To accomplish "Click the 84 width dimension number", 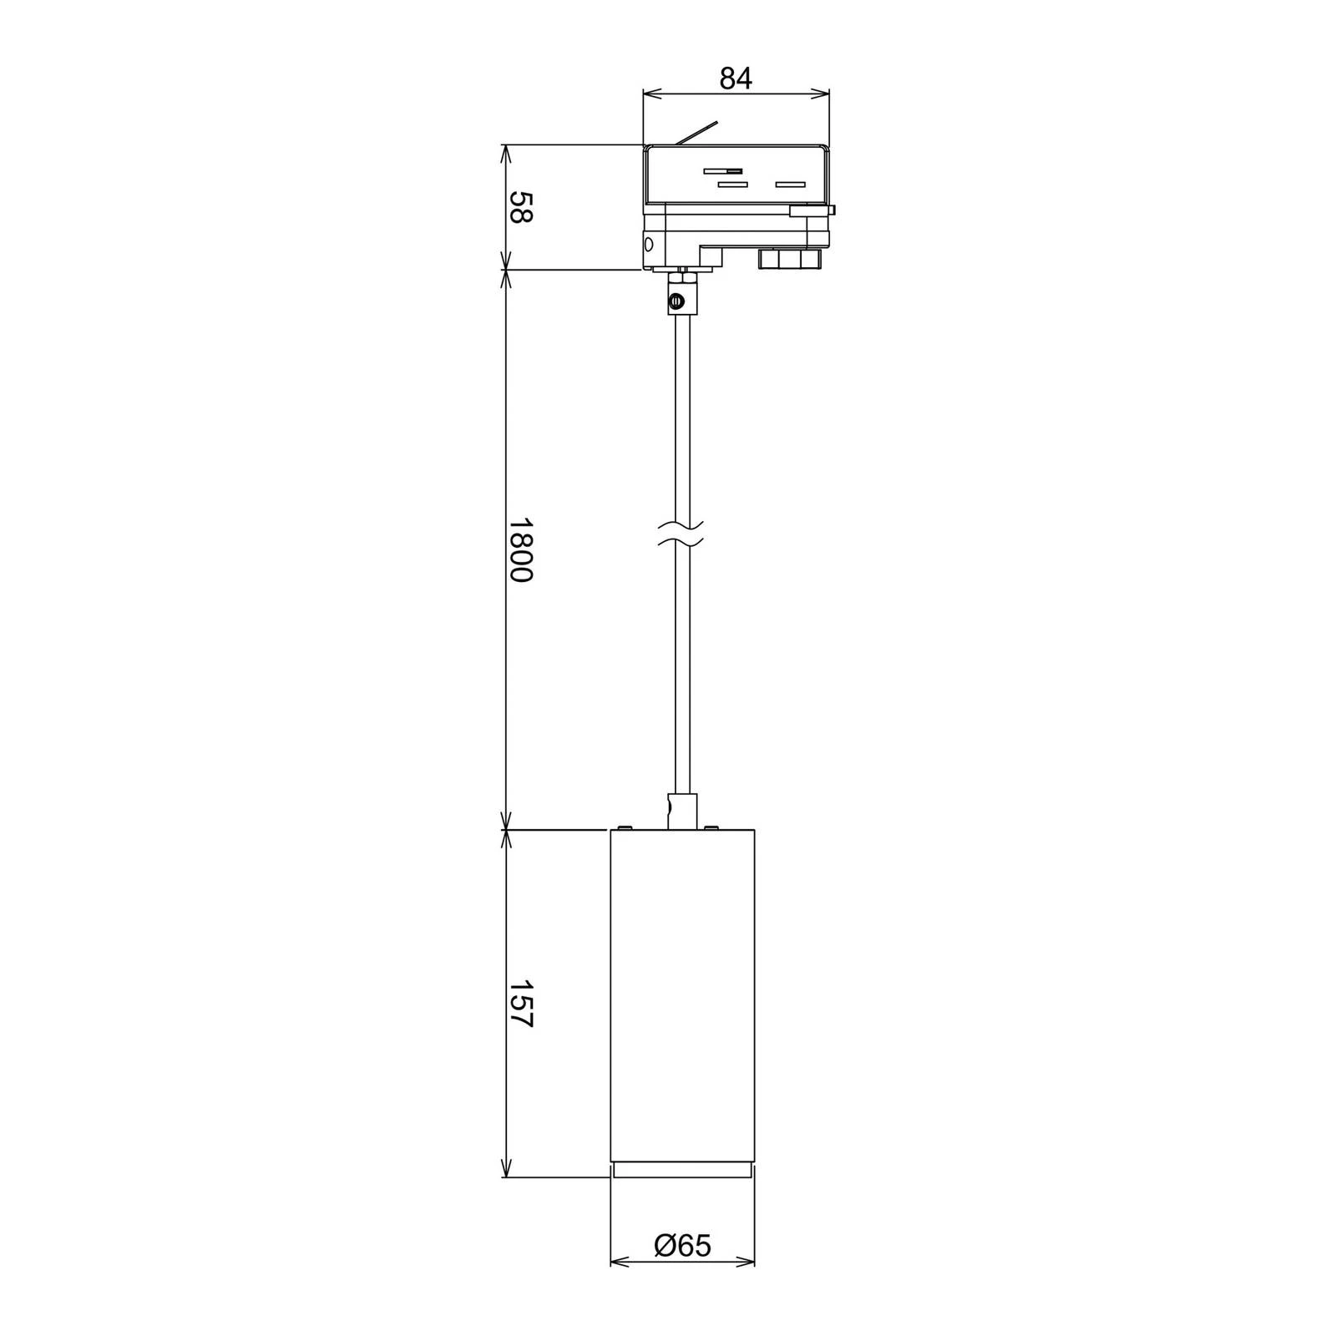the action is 736,78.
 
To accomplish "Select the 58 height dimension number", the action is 520,207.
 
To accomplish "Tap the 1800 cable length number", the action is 520,549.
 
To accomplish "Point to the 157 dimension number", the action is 520,1005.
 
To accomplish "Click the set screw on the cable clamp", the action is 677,301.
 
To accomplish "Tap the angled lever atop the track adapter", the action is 696,135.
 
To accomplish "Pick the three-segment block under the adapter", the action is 790,258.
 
